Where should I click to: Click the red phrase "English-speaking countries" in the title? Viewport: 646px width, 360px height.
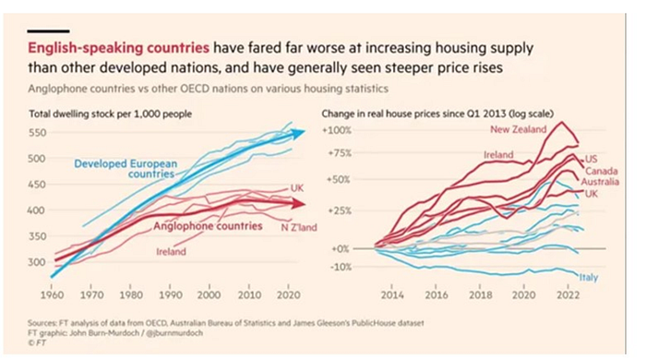pos(119,48)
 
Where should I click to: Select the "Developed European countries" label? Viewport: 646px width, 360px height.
pos(126,169)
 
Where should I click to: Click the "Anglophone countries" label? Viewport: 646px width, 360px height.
pos(208,226)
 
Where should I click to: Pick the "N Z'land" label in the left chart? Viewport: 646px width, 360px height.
pos(299,227)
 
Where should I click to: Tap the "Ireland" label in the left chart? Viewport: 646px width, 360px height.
pos(171,251)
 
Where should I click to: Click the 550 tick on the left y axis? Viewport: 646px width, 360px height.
pos(37,133)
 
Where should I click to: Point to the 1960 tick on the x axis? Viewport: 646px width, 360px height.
pos(52,294)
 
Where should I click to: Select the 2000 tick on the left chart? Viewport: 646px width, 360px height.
pos(209,294)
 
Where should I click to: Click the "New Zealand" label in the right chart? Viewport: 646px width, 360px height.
pos(518,129)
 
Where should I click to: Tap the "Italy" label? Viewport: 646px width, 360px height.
pos(589,278)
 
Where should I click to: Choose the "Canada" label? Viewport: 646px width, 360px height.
pos(602,171)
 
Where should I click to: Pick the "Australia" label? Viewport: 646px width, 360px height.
pos(600,182)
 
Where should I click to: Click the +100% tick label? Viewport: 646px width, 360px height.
pos(337,130)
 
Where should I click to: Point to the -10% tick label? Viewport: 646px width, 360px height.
pos(341,267)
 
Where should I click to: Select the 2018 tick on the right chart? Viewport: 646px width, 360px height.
pos(481,294)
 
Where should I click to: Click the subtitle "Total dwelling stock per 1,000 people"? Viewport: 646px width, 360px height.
pos(111,114)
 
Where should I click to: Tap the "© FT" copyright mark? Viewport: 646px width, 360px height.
pos(37,342)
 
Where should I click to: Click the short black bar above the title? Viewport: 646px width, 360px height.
pos(48,30)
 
